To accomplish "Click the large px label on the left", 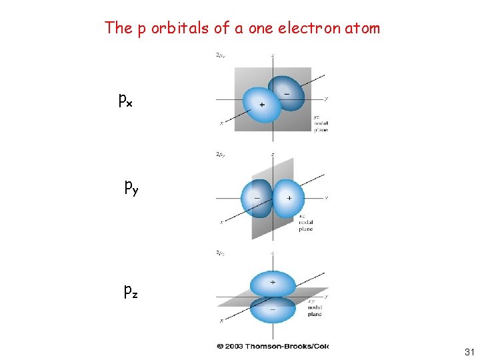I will point(125,101).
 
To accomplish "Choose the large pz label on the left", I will point(131,291).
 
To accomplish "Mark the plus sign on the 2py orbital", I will point(289,199).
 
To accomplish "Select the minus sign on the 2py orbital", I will point(257,199).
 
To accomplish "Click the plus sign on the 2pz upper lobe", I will point(272,282).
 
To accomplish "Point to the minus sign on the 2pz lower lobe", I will point(272,309).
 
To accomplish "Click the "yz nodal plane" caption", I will point(321,123).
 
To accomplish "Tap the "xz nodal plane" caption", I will point(305,223).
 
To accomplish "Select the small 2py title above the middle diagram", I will point(220,155).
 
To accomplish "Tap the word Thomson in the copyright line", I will point(270,345).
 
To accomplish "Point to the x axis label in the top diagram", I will point(221,123).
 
